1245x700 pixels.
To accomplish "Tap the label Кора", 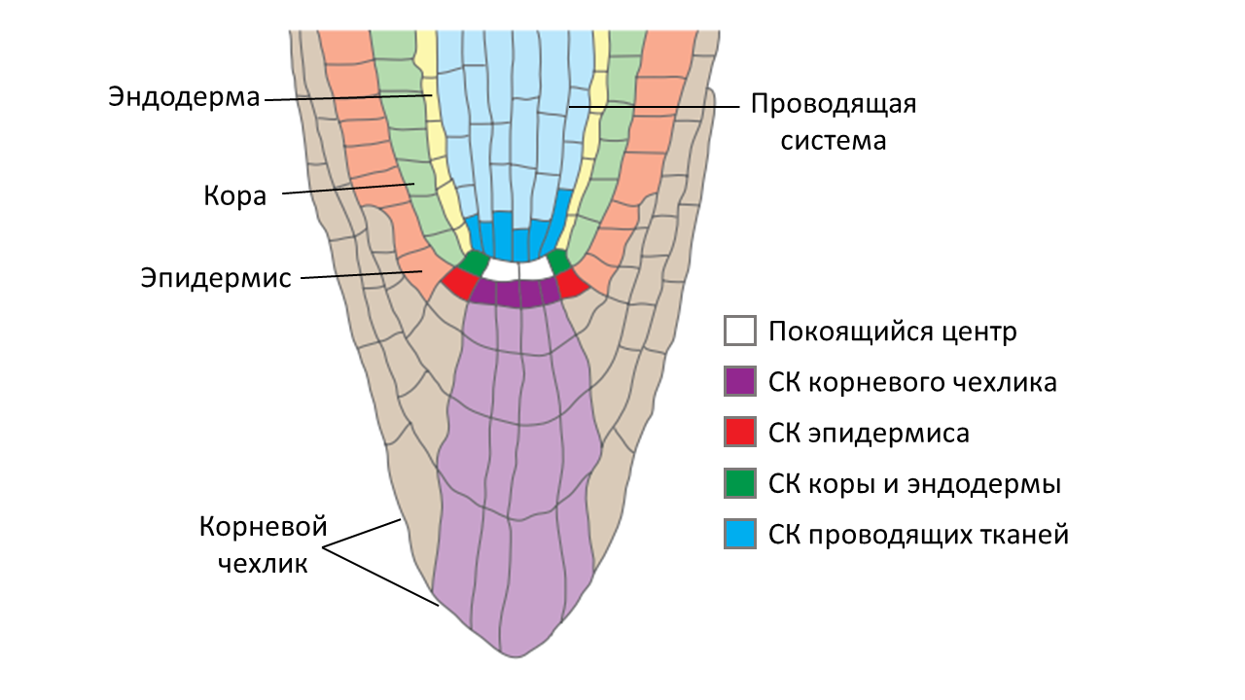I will (234, 196).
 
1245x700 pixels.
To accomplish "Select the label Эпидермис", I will (216, 278).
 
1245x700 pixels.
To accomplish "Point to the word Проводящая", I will (834, 104).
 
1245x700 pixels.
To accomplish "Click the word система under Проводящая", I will (832, 140).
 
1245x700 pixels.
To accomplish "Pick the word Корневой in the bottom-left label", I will (263, 528).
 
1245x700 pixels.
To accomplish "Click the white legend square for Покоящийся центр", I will (740, 332).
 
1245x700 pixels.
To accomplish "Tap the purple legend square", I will (740, 382).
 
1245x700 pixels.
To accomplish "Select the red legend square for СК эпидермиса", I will (740, 433).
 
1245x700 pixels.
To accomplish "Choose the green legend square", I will (740, 483).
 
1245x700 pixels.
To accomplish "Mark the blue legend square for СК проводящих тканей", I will (740, 534).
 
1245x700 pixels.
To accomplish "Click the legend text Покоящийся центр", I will (892, 332).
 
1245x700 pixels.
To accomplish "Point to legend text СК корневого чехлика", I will (912, 382).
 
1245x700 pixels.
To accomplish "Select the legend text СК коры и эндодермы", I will (914, 483).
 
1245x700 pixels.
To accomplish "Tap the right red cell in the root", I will (572, 283).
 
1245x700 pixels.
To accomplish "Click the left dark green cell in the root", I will (474, 262).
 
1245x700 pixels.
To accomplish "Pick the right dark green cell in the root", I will (559, 262).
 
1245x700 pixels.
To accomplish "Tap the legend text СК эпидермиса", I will (869, 433).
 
